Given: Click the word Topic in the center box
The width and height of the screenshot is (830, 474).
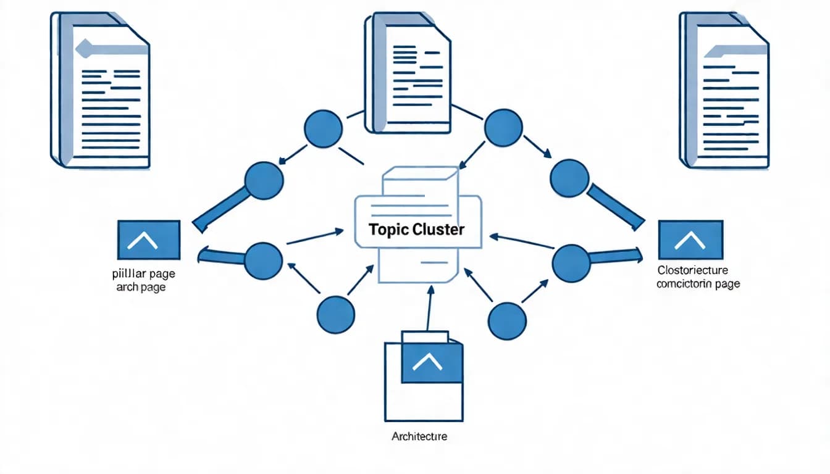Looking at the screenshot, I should (x=388, y=230).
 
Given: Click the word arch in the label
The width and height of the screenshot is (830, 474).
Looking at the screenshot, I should (x=127, y=287).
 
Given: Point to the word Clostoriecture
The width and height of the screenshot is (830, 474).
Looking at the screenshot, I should (x=692, y=270).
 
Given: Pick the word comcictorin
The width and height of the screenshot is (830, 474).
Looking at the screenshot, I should (x=685, y=284).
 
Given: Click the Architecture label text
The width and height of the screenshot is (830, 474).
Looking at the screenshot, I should (x=419, y=436).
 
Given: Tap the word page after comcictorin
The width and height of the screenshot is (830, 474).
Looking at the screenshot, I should (x=727, y=284).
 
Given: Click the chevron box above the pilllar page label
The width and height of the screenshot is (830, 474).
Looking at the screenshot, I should (x=149, y=239).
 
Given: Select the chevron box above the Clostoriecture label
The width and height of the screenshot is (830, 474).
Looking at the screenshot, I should (x=690, y=239).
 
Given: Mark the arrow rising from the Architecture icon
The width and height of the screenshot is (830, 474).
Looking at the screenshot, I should (x=428, y=312).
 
